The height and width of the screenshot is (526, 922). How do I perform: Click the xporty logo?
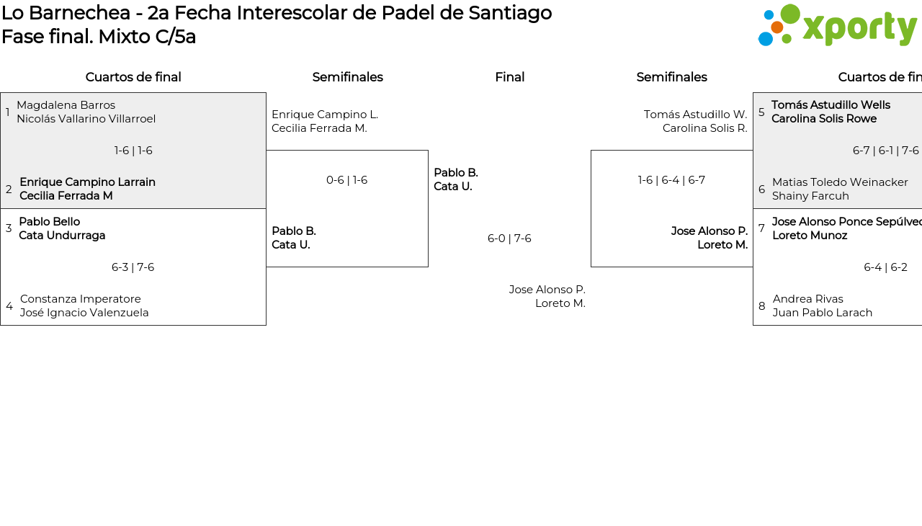point(837,25)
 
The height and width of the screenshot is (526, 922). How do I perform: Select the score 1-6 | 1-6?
point(133,151)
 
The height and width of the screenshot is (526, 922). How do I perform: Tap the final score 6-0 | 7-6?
point(509,239)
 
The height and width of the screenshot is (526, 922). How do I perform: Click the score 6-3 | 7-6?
point(133,267)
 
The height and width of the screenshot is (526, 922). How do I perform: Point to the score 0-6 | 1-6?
point(346,180)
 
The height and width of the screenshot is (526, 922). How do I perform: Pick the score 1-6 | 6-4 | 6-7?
point(671,180)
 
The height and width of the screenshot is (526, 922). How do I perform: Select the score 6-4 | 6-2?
point(885,267)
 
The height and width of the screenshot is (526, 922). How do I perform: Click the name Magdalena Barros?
point(66,105)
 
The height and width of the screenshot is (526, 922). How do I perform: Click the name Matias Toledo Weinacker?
point(840,182)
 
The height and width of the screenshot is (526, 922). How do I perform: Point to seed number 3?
point(9,228)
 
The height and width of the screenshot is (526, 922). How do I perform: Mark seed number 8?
point(761,306)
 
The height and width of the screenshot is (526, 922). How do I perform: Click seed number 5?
point(761,112)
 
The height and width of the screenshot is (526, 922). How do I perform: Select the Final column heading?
point(509,77)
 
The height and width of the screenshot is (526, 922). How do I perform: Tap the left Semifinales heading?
point(347,77)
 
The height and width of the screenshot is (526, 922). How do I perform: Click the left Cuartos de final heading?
point(133,77)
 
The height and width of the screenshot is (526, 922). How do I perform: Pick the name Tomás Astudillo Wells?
point(831,105)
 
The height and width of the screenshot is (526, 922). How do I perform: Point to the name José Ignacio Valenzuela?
point(84,313)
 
